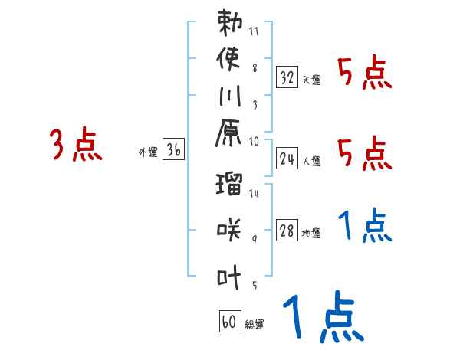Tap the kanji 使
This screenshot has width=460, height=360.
pyautogui.click(x=230, y=61)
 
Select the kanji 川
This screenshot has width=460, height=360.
pyautogui.click(x=230, y=97)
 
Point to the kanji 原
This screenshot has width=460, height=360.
pyautogui.click(x=230, y=135)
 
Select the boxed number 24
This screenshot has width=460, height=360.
pyautogui.click(x=287, y=159)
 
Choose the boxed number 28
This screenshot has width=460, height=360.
pyautogui.click(x=287, y=231)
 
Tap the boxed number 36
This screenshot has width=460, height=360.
pyautogui.click(x=173, y=151)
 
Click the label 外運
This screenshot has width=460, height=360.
pyautogui.click(x=148, y=152)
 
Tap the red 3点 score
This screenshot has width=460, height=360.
pyautogui.click(x=76, y=146)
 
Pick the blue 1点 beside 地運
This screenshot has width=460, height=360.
pyautogui.click(x=364, y=226)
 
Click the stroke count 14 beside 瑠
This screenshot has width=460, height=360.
pyautogui.click(x=255, y=193)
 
